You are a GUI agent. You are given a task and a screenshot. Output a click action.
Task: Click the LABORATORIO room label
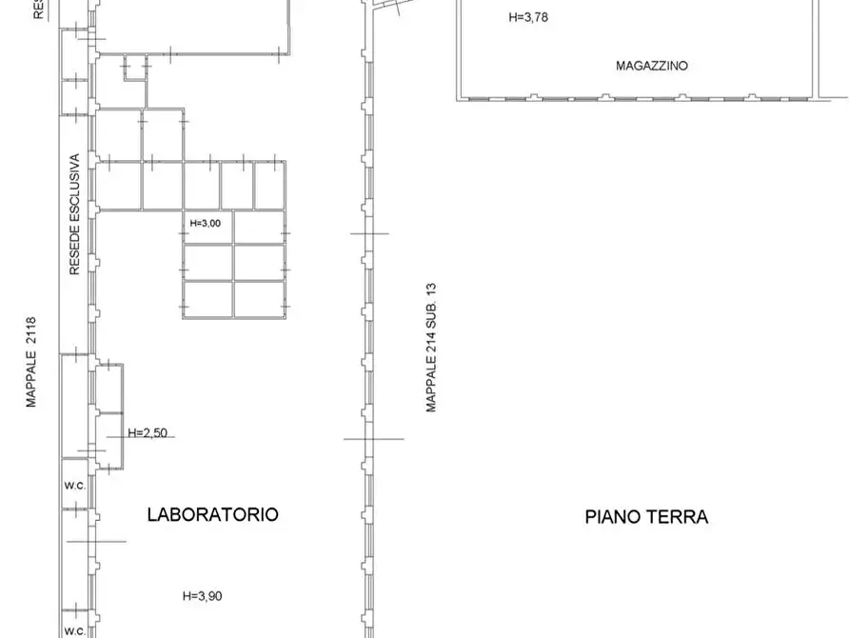click(212, 514)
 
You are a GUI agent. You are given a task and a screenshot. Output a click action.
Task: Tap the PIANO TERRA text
click(646, 517)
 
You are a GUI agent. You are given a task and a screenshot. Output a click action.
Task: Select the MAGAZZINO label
click(652, 67)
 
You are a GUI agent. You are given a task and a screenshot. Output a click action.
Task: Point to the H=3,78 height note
click(528, 16)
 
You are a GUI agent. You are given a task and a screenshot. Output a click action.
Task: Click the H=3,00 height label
click(206, 223)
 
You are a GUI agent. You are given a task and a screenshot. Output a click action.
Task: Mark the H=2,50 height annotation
click(148, 432)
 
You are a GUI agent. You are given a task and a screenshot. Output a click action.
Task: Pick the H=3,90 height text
click(203, 596)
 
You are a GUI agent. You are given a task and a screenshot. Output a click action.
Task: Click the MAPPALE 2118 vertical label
click(31, 362)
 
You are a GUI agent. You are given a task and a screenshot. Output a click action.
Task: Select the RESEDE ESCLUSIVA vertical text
click(73, 216)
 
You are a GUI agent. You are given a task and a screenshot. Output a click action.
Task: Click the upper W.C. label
click(75, 485)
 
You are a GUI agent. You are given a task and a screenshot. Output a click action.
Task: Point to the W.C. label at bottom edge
click(75, 630)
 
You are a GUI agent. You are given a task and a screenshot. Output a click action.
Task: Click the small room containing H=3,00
click(208, 229)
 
